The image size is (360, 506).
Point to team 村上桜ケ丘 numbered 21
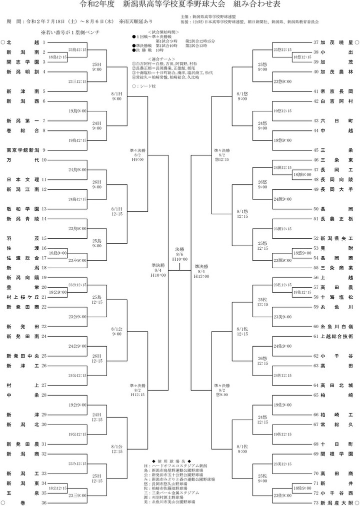[23, 297]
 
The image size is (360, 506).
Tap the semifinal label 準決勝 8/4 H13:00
[202, 271]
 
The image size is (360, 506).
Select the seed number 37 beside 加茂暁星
[315, 43]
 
